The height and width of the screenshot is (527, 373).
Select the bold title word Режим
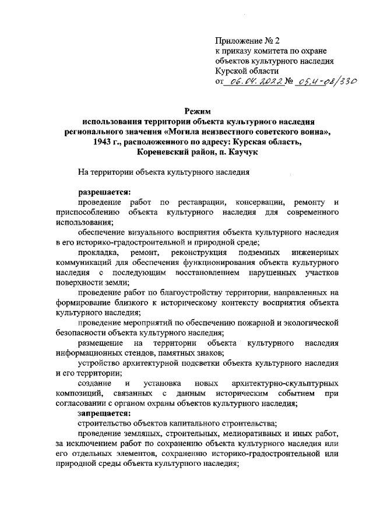195,111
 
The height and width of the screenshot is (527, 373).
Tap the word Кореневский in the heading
166,153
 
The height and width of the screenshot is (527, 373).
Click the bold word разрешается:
105,191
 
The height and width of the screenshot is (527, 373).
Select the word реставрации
193,201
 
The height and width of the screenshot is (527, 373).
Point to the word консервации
260,201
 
